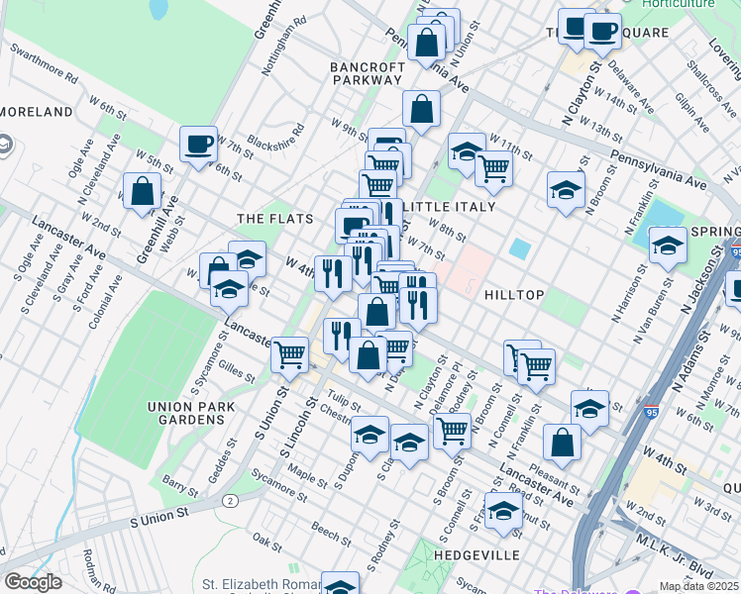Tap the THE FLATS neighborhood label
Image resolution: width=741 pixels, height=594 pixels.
coord(275,219)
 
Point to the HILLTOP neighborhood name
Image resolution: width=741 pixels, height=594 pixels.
coord(514,295)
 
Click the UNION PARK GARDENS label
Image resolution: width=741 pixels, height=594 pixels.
coord(185,412)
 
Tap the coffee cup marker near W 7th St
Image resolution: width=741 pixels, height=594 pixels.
coord(198,145)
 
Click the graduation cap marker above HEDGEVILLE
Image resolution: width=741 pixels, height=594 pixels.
coord(503,511)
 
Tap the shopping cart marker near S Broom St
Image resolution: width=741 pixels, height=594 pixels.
coord(452,431)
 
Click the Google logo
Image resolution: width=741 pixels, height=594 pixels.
coord(33,582)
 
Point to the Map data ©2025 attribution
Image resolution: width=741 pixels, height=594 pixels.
coord(697,586)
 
